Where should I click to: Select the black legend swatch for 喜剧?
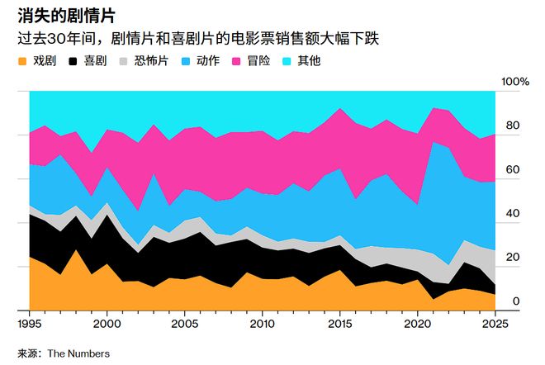pos(75,61)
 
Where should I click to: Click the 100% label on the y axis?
pos(515,82)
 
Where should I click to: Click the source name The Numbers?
pos(78,353)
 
